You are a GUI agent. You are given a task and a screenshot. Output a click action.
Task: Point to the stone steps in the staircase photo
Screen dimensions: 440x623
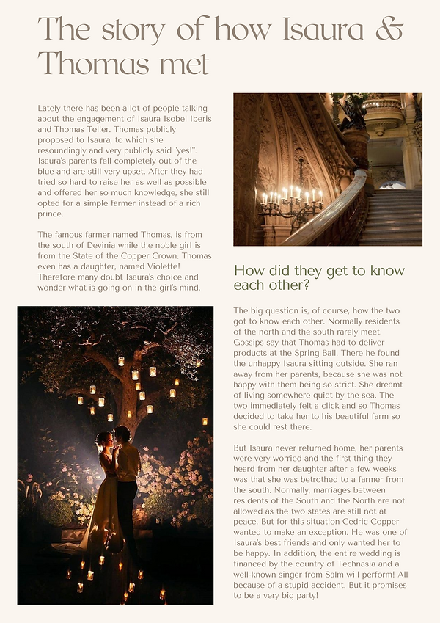395,216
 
